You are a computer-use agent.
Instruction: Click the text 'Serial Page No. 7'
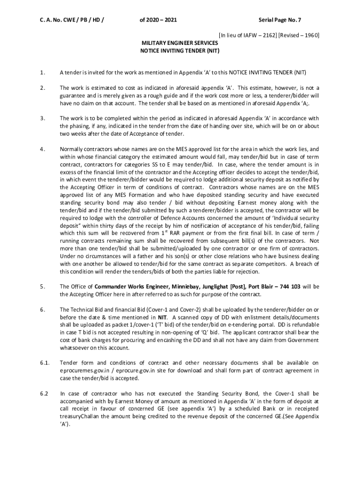tap(280, 20)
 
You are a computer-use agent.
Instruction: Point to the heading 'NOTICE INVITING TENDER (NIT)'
tap(180, 50)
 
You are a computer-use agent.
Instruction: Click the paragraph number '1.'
tap(43, 73)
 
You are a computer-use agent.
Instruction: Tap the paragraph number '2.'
tap(43, 87)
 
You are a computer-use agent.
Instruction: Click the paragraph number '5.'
tap(43, 286)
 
